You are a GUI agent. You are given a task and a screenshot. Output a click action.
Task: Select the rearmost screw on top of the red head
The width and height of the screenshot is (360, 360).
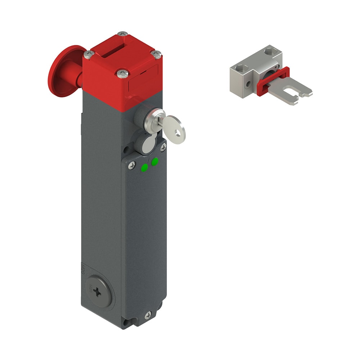[123, 34]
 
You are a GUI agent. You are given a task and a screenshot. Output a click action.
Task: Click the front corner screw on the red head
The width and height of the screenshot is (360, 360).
[121, 73]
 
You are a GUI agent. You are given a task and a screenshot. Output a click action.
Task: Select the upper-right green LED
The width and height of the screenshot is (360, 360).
[155, 162]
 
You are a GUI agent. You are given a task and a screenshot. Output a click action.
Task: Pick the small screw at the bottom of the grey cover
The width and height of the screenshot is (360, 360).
[148, 315]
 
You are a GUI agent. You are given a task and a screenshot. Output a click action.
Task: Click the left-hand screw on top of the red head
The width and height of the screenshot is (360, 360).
[88, 54]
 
